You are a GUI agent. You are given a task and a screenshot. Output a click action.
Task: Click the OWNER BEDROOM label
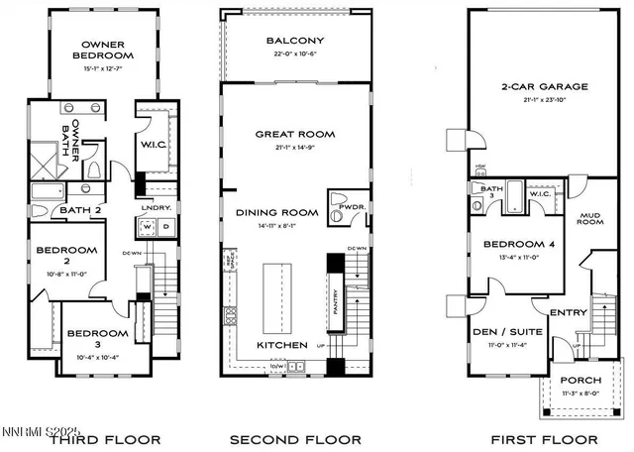(103, 50)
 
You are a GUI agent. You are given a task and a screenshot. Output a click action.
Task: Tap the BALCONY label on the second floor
(294, 41)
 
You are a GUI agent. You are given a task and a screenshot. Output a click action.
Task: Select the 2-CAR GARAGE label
(544, 86)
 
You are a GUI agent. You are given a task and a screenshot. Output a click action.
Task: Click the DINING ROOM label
(276, 212)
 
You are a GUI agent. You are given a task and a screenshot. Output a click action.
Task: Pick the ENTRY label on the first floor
(569, 312)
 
